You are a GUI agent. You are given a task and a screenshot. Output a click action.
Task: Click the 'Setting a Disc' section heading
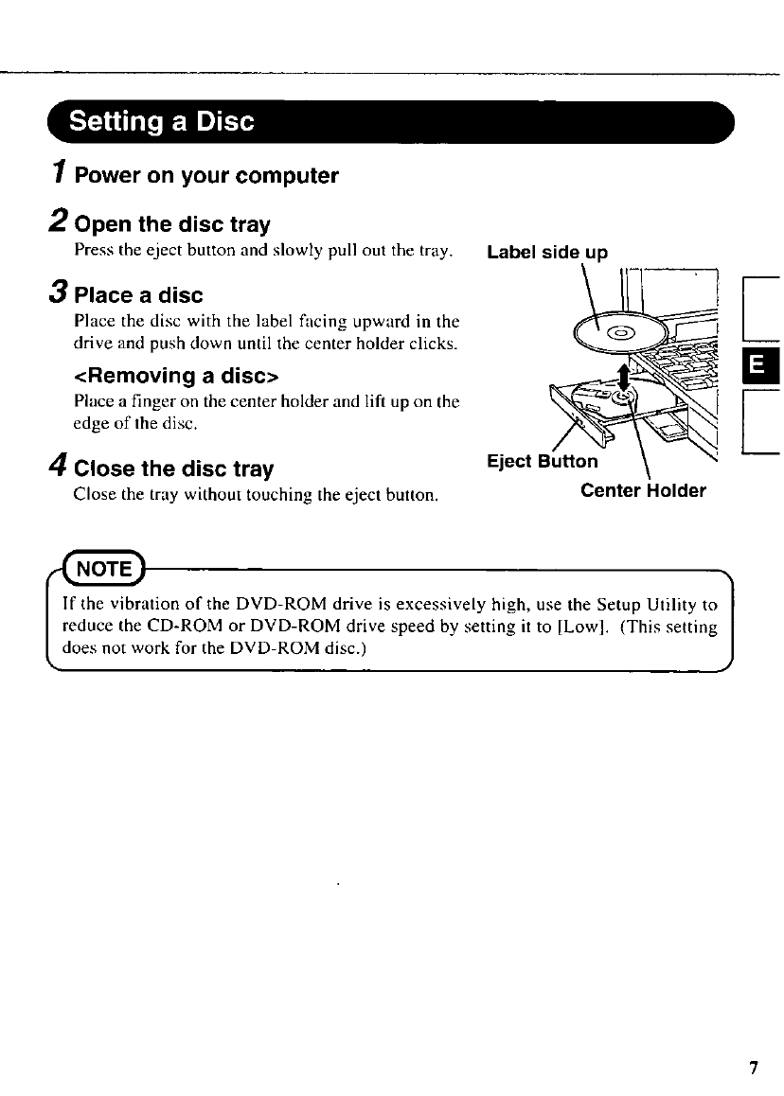(162, 122)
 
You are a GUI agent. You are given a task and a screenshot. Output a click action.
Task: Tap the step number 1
(59, 174)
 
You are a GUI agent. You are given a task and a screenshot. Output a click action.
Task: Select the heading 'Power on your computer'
(206, 177)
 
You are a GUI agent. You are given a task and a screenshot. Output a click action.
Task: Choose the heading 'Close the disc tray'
(173, 469)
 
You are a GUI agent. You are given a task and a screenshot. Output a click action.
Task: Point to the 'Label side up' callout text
(546, 253)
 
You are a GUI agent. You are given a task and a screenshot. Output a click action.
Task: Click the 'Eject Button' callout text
(542, 461)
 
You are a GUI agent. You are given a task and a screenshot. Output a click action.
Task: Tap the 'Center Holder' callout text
(643, 490)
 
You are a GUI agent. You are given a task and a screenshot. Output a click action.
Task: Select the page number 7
(754, 1069)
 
